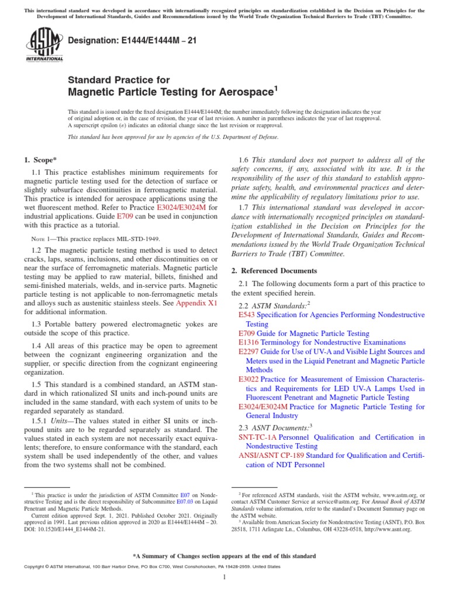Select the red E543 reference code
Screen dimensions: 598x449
click(x=247, y=315)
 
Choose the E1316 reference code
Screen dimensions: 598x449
click(x=249, y=342)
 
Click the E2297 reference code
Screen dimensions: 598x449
click(x=249, y=352)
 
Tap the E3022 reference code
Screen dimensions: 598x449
click(x=249, y=379)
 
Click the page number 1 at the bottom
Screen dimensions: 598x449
click(x=224, y=578)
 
